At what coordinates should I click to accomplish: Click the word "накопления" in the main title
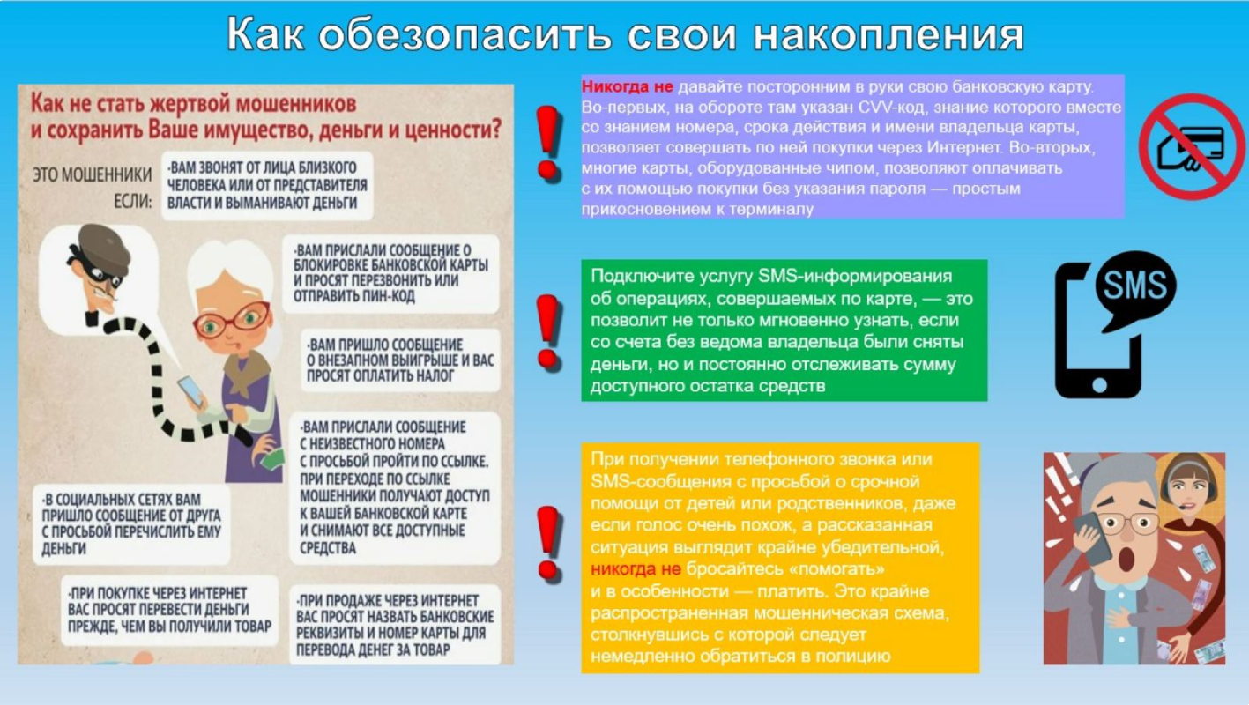coord(888,34)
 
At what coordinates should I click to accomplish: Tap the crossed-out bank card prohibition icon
coord(1192,146)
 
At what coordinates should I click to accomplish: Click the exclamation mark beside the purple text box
coord(548,144)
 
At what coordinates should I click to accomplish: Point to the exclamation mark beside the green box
coord(548,332)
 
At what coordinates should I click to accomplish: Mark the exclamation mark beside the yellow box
coord(548,544)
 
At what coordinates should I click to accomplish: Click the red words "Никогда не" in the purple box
coord(628,87)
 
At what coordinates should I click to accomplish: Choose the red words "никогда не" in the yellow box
coord(636,569)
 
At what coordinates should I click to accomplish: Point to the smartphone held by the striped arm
coord(191,391)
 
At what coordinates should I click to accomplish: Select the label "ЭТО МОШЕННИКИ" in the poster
coord(92,175)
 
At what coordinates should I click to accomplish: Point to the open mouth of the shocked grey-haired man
coord(1126,560)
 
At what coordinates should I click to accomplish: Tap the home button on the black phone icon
coord(1099,384)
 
